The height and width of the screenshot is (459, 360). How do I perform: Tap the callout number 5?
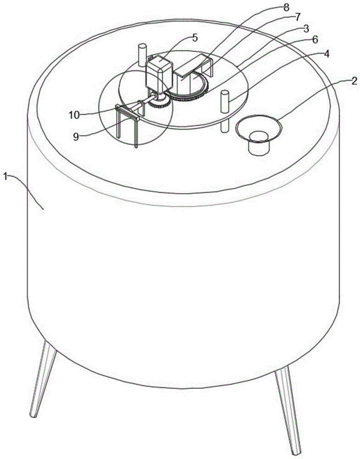(x=195, y=38)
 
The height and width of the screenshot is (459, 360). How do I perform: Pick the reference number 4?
(x=326, y=53)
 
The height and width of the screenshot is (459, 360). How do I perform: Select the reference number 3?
(x=305, y=28)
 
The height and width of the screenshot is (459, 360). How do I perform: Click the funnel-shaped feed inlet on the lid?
(x=258, y=129)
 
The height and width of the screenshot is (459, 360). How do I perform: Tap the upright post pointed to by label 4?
(x=225, y=102)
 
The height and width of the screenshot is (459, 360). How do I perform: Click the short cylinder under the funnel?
(x=258, y=144)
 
